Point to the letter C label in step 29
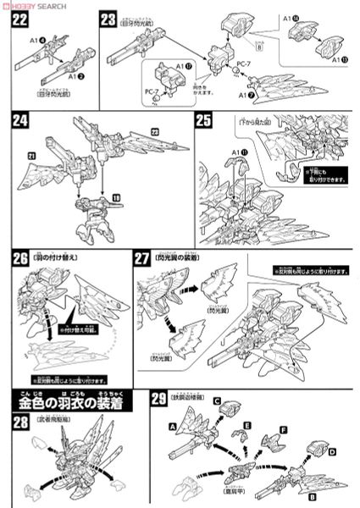217,401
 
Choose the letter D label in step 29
333,455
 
